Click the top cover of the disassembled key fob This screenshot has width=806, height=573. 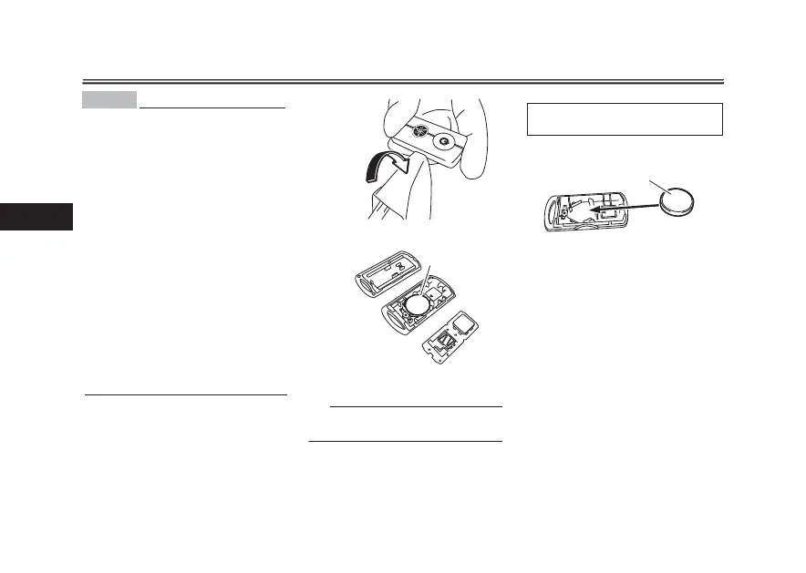[x=390, y=272]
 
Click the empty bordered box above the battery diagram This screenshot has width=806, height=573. [x=625, y=119]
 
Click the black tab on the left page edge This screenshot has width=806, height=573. [x=36, y=217]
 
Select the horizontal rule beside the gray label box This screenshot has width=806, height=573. [x=212, y=106]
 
